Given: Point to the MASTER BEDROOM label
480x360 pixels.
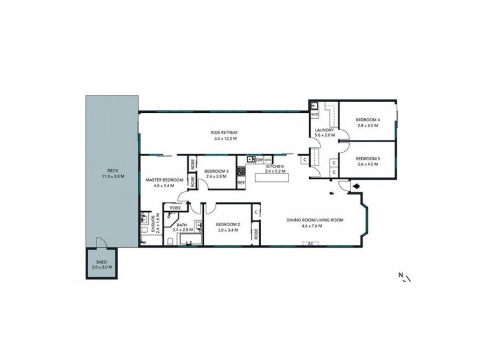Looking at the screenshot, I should point(163,179).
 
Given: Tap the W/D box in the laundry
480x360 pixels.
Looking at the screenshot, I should point(314,114).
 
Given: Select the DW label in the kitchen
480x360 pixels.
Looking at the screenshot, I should point(259,160).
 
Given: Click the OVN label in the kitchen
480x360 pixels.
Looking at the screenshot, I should point(268,160).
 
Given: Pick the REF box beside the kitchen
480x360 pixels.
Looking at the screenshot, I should point(241,182).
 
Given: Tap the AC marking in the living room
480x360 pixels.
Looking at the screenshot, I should point(311,244).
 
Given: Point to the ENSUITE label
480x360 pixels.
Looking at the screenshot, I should point(154,224).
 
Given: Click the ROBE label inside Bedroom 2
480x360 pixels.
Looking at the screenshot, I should point(256,233).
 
